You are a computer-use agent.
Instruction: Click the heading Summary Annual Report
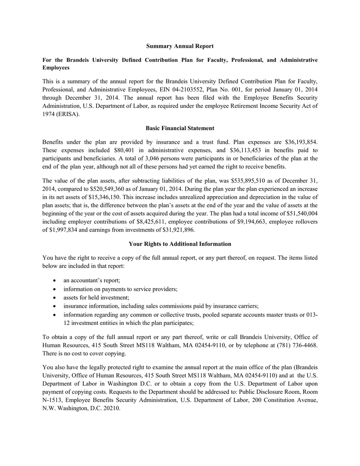pos(180,46)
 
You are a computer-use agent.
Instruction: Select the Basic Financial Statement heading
pos(180,128)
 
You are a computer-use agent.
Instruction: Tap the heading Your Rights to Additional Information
pos(180,244)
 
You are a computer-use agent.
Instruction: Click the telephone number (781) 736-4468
pos(296,345)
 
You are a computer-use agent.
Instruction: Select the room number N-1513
pos(52,400)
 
